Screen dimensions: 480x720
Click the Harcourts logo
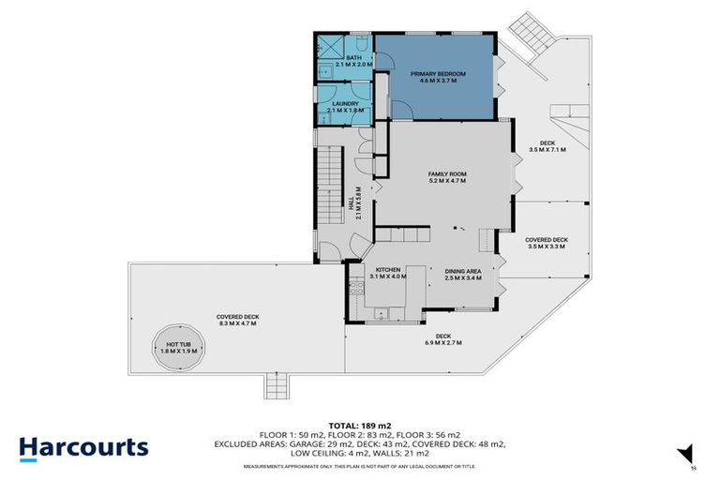84,446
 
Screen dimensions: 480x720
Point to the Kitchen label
387,273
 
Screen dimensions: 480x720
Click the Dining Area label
462,273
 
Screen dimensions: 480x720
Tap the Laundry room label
342,107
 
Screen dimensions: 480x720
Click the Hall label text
358,202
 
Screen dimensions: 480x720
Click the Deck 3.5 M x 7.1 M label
547,146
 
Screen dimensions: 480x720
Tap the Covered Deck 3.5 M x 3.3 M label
546,243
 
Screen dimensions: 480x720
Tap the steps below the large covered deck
277,383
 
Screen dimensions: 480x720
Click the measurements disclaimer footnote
359,466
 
